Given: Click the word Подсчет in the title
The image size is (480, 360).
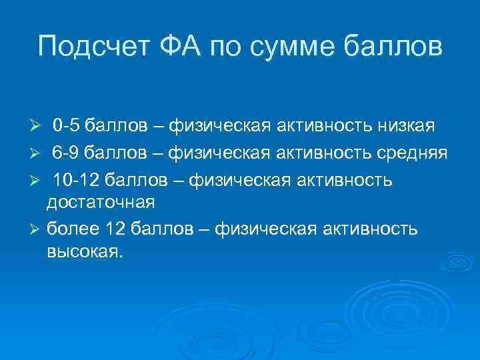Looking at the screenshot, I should coord(90,47).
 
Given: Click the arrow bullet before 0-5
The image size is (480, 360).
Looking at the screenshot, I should coord(37,126).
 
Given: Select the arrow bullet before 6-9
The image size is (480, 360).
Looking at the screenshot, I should coord(37,153).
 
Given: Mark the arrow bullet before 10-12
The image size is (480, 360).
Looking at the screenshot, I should coord(37,181).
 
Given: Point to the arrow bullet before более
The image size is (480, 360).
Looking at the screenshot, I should coord(37,230).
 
